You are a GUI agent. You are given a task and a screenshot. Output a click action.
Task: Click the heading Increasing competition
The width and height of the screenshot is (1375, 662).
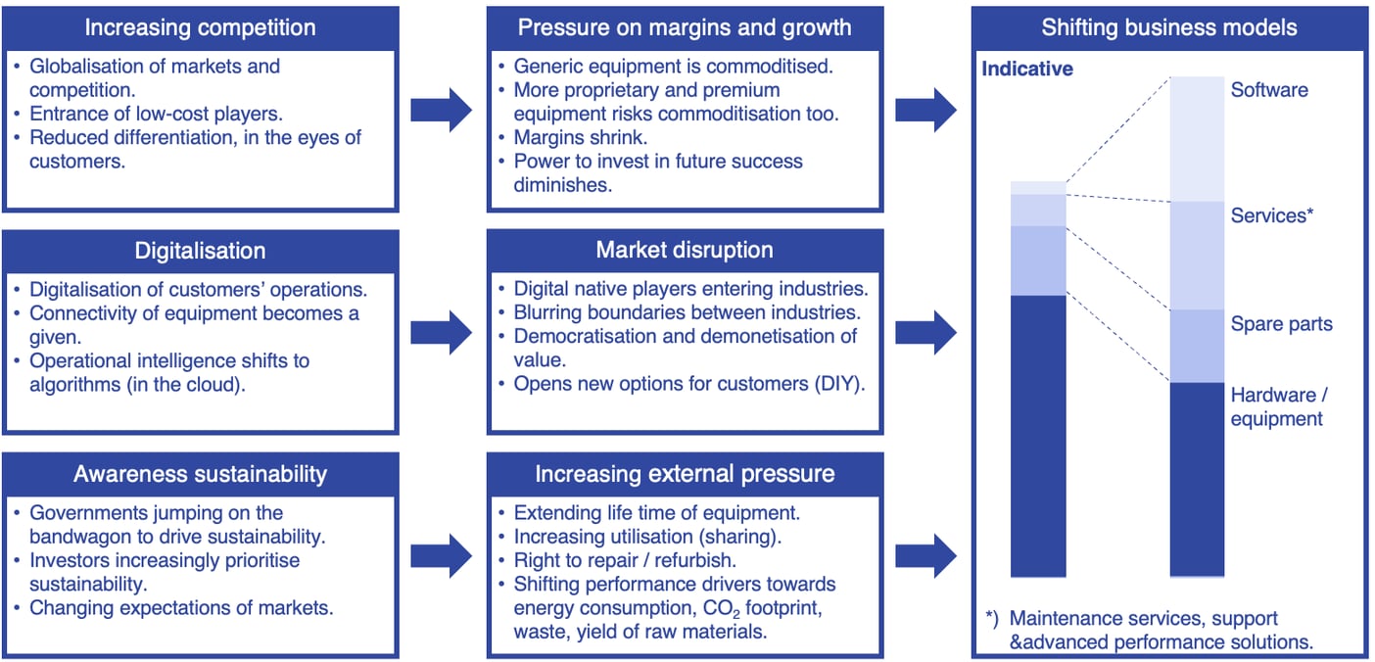coord(200,27)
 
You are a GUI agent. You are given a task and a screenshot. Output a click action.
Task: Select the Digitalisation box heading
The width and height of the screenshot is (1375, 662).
coord(200,251)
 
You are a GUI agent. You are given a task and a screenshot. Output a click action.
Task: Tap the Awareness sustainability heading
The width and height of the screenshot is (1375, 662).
coord(200,474)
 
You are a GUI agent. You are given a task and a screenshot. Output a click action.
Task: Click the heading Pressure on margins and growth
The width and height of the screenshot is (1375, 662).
coord(685,27)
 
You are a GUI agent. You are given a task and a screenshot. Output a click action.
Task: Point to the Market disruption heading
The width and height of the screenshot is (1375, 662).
coord(685,251)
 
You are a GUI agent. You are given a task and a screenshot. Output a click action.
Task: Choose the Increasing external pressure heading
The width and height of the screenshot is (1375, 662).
coord(685,474)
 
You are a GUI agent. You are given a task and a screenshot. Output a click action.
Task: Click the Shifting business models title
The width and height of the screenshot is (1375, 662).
coord(1169,27)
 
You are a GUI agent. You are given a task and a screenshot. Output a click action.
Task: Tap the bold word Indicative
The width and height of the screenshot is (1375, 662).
coord(1027,70)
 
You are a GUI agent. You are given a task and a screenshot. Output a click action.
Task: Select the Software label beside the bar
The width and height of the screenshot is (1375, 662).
coord(1269,90)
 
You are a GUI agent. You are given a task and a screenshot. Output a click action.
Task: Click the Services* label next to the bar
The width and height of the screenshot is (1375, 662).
coord(1270,215)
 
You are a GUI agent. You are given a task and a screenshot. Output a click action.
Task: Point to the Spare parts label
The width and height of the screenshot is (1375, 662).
coord(1281,324)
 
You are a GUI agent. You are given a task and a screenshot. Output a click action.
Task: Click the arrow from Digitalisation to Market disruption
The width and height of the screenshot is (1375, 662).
coord(441,333)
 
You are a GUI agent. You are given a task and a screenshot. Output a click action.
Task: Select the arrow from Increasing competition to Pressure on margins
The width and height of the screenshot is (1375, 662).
coord(441,110)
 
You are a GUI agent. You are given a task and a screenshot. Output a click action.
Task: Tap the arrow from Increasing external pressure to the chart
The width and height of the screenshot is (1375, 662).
coord(925,556)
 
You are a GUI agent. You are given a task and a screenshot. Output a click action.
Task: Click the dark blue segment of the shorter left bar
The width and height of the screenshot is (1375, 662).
coord(1038,436)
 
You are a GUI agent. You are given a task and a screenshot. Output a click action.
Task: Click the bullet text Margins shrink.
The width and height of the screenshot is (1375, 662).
coord(581,137)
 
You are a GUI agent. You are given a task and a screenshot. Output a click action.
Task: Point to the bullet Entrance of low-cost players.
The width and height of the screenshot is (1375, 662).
coord(156,114)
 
